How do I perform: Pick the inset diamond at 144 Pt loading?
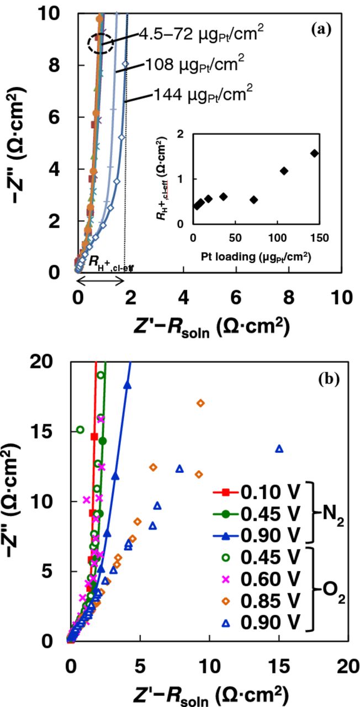(315, 153)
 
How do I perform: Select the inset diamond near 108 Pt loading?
(284, 171)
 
